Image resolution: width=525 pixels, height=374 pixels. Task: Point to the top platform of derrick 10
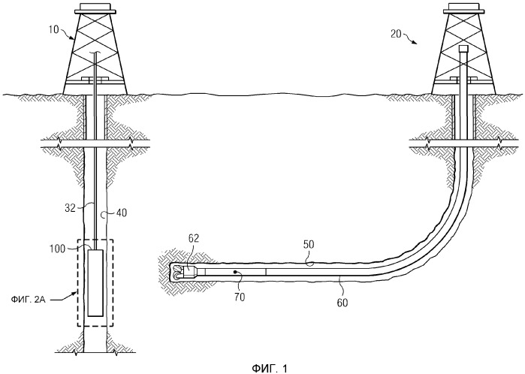click(97, 11)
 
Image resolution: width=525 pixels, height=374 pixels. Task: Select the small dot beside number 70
click(235, 272)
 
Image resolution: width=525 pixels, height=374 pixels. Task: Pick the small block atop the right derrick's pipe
click(463, 50)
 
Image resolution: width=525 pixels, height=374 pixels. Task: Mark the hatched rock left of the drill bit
click(163, 271)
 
